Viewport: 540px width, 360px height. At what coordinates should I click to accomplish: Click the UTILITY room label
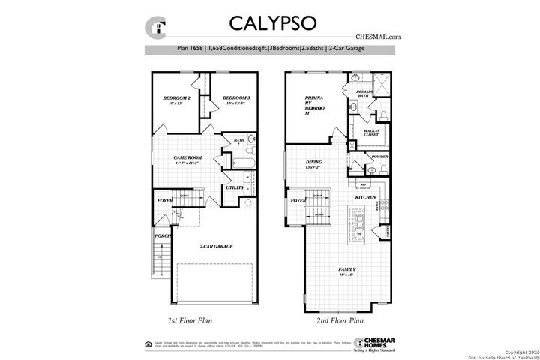coord(235,187)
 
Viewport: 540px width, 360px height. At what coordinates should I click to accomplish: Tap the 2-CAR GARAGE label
coord(215,247)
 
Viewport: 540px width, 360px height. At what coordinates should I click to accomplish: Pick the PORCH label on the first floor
coord(161,236)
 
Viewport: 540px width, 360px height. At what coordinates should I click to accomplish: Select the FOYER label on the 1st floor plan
coord(164,202)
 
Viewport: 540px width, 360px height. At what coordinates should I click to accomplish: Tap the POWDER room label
coord(379,157)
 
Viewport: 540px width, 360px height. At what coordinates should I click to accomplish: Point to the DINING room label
coord(313,163)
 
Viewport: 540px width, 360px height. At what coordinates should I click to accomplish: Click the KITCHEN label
coord(365,197)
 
